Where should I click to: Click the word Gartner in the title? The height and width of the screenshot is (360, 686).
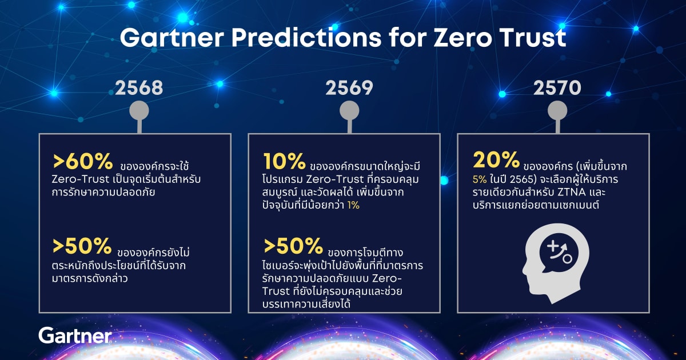pos(172,38)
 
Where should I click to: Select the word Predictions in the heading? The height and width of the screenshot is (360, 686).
pos(306,38)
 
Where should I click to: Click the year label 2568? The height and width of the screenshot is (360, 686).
pos(139,88)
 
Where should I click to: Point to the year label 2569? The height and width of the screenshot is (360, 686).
pos(349,88)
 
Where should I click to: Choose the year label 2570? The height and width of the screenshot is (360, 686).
pos(557,88)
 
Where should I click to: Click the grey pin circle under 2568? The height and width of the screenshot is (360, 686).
pos(139,110)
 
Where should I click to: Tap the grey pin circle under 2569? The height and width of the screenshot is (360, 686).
pos(349,110)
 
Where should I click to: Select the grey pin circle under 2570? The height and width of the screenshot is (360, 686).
pos(557,110)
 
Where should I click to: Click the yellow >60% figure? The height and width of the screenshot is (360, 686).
pos(83,161)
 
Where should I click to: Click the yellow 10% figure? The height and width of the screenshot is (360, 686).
pos(284,161)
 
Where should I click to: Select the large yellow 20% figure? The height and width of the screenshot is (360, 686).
pos(496,160)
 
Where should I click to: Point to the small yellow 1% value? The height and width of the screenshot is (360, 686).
pos(353,205)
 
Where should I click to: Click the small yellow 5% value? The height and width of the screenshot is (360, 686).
pos(480,179)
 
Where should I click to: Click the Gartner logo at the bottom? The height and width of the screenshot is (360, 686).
pos(75,335)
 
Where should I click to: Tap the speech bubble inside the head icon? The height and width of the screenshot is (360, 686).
pos(559,254)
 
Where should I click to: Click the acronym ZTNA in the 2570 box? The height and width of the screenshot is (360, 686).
pos(572,192)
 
